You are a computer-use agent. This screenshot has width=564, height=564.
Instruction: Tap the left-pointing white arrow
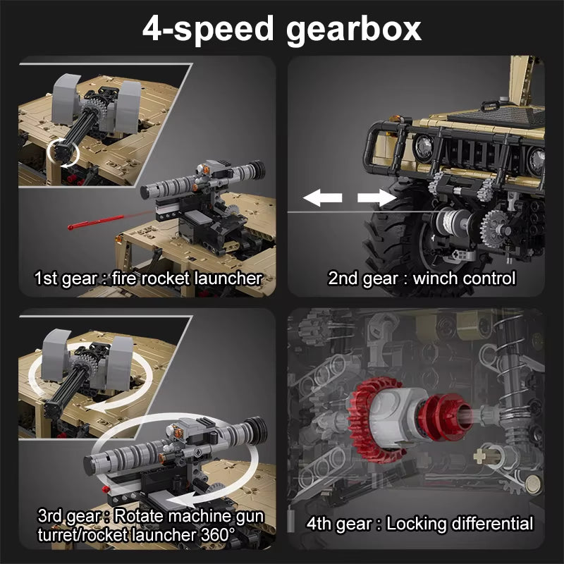pyautogui.click(x=323, y=198)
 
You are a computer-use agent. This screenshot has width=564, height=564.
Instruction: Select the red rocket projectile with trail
pyautogui.click(x=95, y=220)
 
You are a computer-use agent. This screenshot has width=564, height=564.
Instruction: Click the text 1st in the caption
pyautogui.click(x=48, y=278)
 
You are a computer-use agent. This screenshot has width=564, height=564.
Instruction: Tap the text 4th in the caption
pyautogui.click(x=321, y=524)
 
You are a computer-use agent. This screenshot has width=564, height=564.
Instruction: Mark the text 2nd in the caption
pyautogui.click(x=344, y=278)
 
